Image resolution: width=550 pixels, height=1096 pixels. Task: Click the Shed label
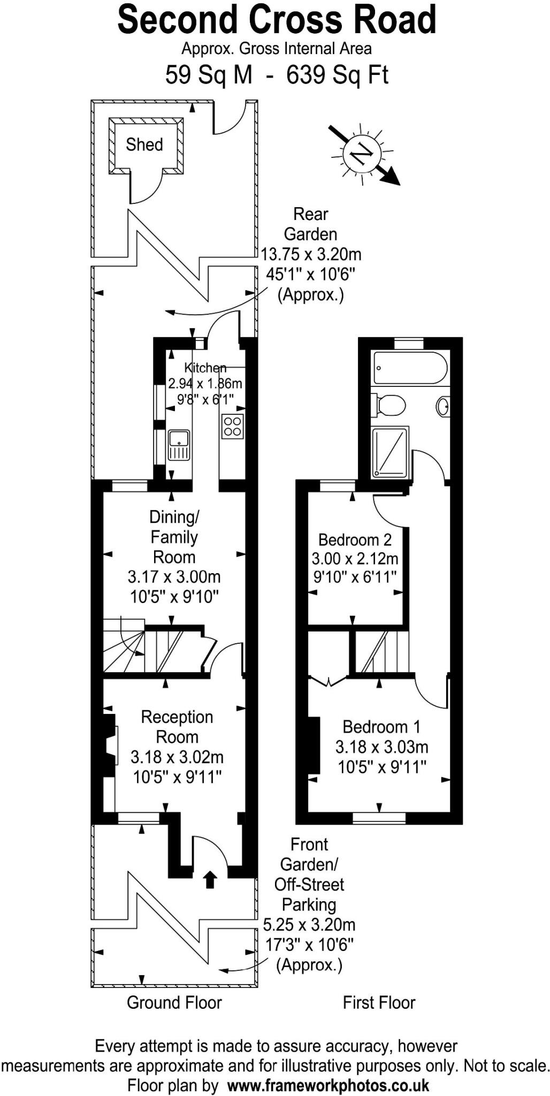pos(144,144)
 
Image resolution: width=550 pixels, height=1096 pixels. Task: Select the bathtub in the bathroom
pos(410,368)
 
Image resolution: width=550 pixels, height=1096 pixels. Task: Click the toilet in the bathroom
pos(390,405)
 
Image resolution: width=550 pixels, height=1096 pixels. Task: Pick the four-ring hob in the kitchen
pos(233,427)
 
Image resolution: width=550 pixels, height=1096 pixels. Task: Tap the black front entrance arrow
pos(210,880)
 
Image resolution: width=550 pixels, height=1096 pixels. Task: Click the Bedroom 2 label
pos(355,539)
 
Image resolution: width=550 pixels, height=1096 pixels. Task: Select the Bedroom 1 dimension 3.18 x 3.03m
pos(381,747)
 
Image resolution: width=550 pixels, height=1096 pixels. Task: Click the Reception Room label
pos(177,727)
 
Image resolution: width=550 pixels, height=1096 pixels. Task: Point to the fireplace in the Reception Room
pos(110,745)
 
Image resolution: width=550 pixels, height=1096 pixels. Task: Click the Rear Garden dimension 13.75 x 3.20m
pos(311,254)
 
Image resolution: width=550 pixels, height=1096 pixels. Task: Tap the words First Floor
pos(379,1002)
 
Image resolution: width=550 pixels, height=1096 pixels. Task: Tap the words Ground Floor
pos(174,1002)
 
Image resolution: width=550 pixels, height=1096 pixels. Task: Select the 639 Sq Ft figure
pos(337,75)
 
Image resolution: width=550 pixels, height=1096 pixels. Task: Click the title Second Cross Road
pos(277,20)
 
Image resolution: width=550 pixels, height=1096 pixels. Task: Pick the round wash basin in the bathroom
pos(443,407)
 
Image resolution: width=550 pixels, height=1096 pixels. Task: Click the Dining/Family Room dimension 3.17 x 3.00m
pos(174,577)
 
